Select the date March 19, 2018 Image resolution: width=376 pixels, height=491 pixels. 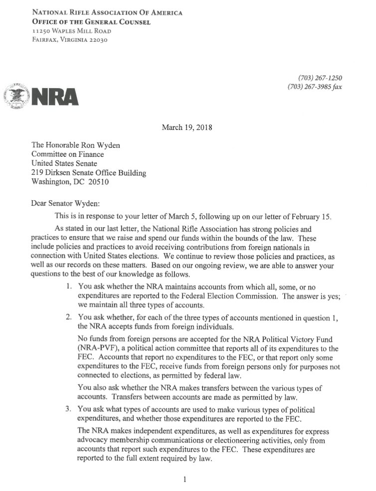188,127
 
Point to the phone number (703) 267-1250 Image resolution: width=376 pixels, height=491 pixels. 320,78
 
